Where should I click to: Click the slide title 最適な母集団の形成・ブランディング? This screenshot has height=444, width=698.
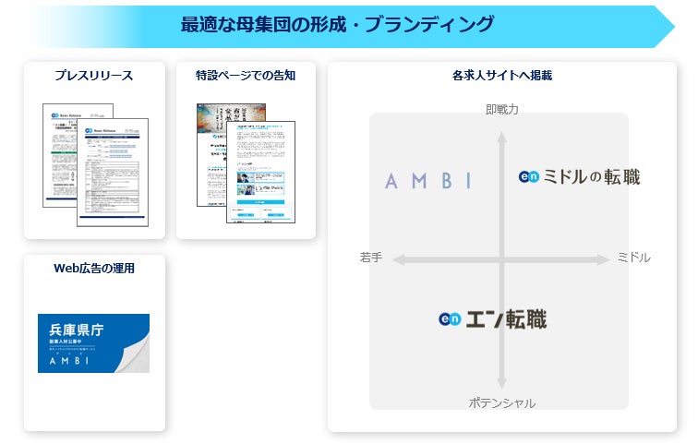coord(337,25)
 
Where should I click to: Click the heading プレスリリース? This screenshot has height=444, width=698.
coord(93,76)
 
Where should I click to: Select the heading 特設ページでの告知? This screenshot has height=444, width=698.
coord(246,76)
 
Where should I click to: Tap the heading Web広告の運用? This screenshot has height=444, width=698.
coord(94,269)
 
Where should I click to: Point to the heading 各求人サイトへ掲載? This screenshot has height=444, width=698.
coord(502,76)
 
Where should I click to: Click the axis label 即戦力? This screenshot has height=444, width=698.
coord(501,109)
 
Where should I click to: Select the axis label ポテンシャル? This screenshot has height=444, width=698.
coord(501,402)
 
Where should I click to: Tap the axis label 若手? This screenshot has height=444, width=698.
coord(371,258)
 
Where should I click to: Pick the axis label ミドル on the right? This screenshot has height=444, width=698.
coord(633,258)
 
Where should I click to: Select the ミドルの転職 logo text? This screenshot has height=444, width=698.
coord(591,176)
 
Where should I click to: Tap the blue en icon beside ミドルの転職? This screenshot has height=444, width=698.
coord(529,177)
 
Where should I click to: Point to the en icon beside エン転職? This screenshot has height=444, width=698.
coord(450,319)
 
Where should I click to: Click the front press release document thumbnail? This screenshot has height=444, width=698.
coord(112,175)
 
